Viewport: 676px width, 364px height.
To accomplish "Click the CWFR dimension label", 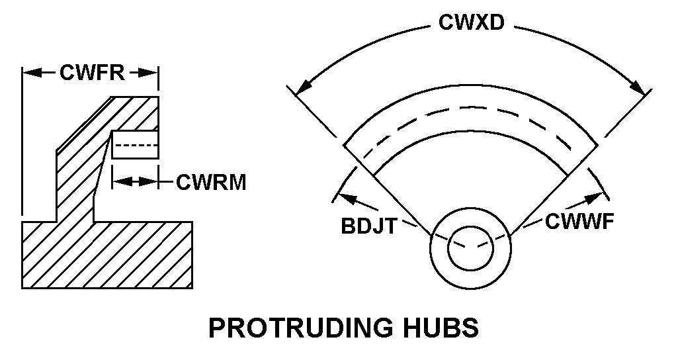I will click(x=92, y=72).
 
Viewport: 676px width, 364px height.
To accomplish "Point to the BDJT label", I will click(x=368, y=226).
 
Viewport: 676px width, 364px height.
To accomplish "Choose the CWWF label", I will click(x=580, y=221).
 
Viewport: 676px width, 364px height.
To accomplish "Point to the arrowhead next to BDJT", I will click(x=343, y=195).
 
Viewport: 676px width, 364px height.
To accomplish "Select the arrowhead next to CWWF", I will click(x=599, y=195).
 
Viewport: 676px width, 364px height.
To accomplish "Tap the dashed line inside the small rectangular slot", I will click(x=135, y=144).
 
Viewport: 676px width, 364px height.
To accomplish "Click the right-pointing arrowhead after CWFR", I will click(x=151, y=73).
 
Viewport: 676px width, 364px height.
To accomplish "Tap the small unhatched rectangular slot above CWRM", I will click(x=135, y=144).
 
